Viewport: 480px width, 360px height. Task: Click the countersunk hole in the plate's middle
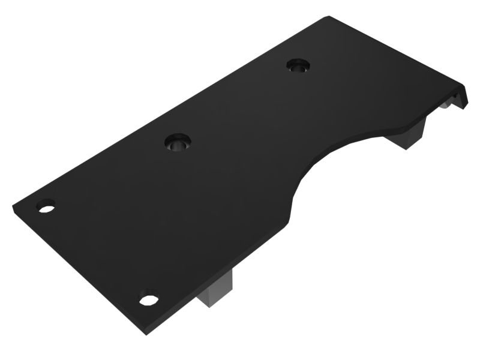pos(178,143)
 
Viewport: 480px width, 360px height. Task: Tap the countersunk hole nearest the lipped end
pos(297,65)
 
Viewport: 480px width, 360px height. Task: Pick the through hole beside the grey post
pos(149,298)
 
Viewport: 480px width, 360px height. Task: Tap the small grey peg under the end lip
pos(445,106)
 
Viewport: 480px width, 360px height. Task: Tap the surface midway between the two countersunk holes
pos(238,104)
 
